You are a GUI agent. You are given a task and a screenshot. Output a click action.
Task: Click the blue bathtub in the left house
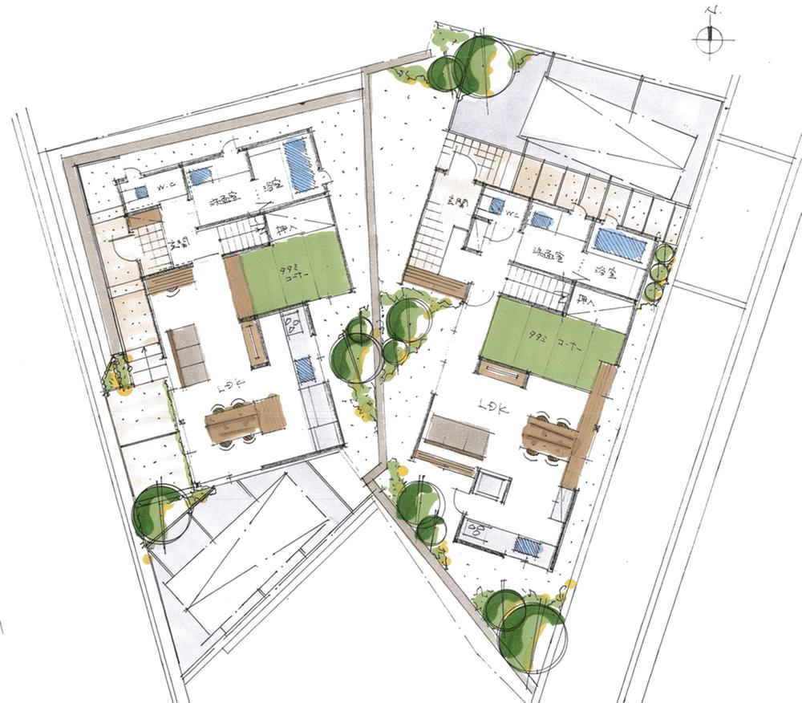pyautogui.click(x=298, y=164)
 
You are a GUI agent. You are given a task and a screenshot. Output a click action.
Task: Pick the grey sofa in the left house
pyautogui.click(x=187, y=356)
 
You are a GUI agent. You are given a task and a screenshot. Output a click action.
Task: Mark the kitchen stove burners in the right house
pyautogui.click(x=480, y=529)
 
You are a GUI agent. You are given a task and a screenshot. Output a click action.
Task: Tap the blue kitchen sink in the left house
pyautogui.click(x=304, y=369)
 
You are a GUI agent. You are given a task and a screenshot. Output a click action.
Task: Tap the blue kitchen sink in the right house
pyautogui.click(x=527, y=546)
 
